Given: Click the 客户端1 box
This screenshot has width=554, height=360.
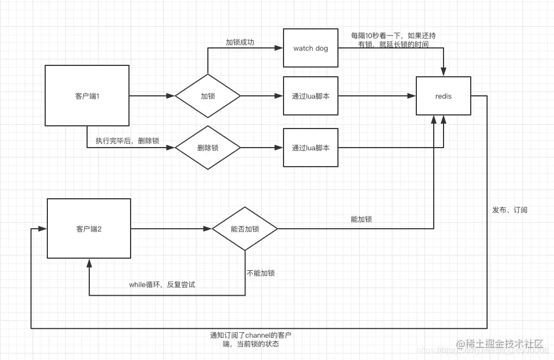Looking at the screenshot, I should click(x=87, y=96).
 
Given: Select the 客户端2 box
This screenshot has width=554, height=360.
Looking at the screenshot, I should click(x=89, y=229).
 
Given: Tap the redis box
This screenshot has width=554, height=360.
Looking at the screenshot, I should click(x=444, y=96).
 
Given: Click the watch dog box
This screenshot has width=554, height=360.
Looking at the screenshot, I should click(x=311, y=48).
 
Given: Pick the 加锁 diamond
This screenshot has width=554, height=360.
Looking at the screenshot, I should click(x=207, y=96).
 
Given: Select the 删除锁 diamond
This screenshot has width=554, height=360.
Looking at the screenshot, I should click(x=207, y=148).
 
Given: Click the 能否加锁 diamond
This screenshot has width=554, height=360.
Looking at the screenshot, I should click(x=245, y=229).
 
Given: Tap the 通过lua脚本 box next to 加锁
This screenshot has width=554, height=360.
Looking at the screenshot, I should click(x=311, y=96).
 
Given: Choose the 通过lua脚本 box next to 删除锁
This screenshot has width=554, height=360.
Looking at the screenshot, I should click(x=311, y=148).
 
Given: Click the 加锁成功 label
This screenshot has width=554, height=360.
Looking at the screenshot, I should click(x=240, y=42).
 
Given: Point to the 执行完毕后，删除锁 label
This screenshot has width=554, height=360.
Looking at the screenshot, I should click(x=127, y=141).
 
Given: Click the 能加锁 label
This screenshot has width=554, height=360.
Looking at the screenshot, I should click(x=361, y=219).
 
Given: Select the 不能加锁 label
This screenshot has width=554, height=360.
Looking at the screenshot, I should click(x=261, y=273).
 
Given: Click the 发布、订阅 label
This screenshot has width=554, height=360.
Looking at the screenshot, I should click(x=509, y=210).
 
